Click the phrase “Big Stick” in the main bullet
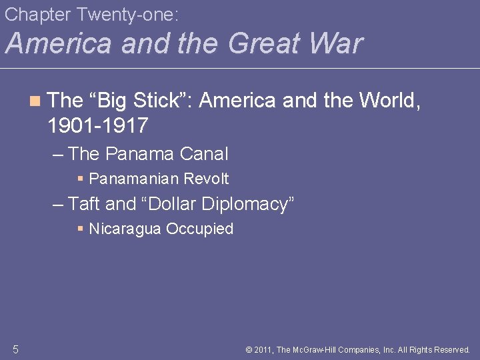click(140, 101)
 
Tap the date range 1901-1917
click(98, 124)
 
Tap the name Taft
click(85, 204)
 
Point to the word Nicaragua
click(125, 229)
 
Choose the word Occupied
click(200, 229)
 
